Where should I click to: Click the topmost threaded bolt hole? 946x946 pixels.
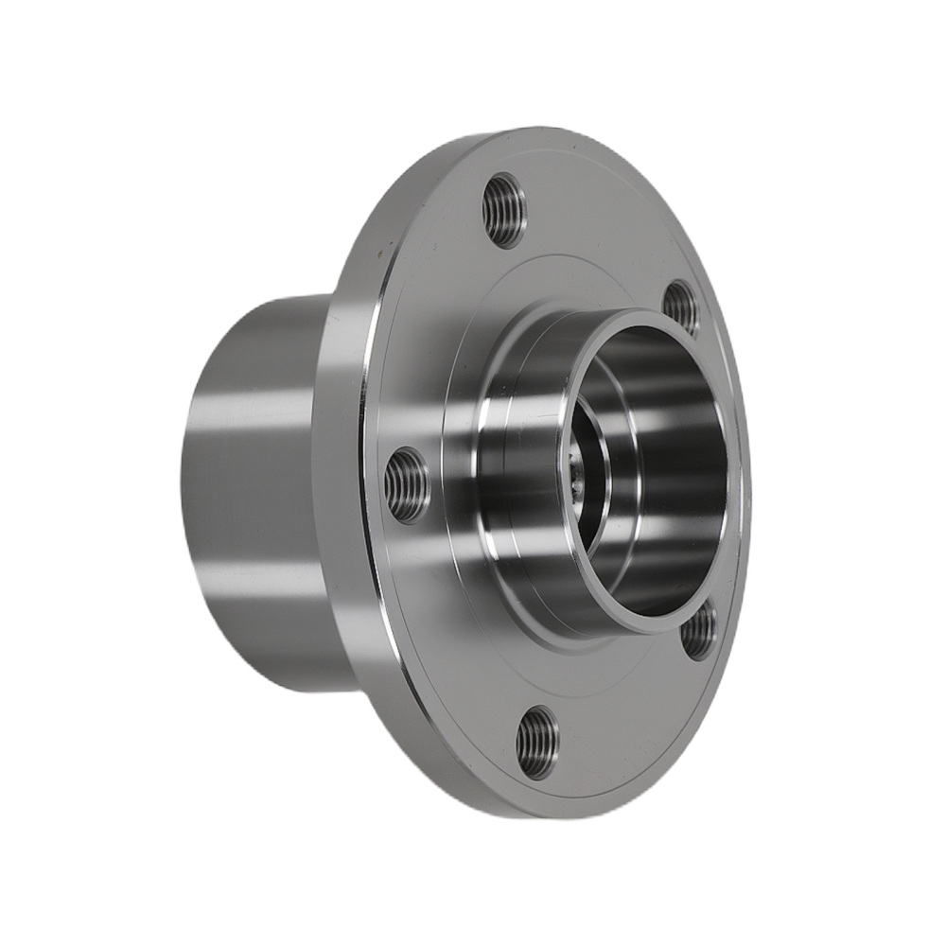click(503, 209)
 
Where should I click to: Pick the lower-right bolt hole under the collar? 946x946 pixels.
click(698, 631)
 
